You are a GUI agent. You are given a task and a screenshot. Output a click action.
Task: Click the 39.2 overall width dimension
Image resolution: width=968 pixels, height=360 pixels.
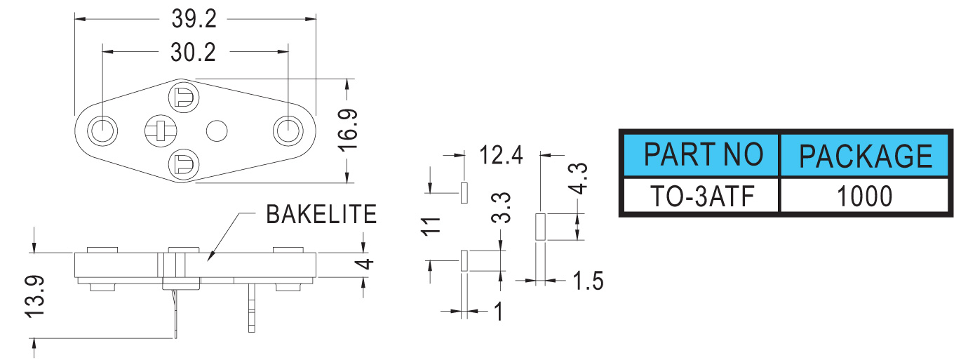click(x=195, y=20)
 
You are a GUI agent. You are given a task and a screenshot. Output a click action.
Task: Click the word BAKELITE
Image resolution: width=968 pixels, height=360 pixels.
click(x=321, y=213)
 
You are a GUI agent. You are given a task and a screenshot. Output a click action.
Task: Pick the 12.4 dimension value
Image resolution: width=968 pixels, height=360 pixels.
click(x=501, y=154)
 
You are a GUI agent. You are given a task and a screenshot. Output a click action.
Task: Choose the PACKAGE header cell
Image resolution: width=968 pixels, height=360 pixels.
click(x=866, y=155)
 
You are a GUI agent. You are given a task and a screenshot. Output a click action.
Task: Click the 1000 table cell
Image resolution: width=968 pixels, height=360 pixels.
click(x=866, y=196)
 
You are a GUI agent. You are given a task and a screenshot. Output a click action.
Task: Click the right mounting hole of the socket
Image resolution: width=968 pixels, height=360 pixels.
click(x=288, y=130)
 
